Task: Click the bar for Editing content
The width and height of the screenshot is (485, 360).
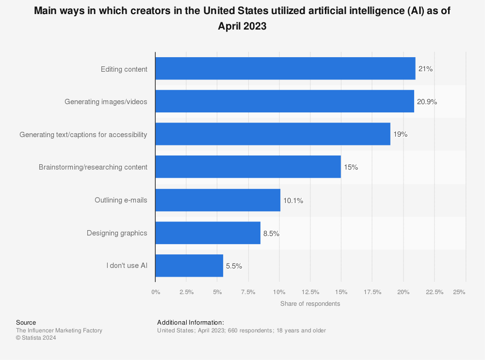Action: point(285,68)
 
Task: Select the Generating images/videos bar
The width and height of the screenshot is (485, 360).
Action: point(285,101)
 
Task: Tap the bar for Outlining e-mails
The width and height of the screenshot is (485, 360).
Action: point(218,200)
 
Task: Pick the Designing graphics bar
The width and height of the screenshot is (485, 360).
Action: point(208,233)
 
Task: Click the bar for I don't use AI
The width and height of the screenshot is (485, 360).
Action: point(189,266)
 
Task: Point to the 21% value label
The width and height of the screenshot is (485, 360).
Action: point(425,69)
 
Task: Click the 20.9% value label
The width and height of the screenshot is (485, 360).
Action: point(427,102)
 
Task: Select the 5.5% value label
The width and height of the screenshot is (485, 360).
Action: point(234,266)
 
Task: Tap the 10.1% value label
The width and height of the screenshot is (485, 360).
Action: point(293,201)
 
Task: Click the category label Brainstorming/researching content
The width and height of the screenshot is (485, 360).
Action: point(93,167)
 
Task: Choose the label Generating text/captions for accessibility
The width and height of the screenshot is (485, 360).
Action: point(83,135)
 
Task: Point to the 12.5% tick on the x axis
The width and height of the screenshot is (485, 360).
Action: point(310,292)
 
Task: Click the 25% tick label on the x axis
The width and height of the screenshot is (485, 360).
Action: point(459,292)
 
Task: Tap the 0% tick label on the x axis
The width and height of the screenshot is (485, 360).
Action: point(156,292)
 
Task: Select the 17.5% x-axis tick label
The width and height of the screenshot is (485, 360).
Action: point(372,292)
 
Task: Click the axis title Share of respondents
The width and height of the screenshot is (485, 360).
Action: point(310,304)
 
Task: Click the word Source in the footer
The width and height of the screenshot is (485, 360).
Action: point(26,323)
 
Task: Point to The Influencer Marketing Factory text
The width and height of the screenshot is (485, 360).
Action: point(59,330)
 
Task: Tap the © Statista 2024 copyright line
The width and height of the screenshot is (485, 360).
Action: point(36,338)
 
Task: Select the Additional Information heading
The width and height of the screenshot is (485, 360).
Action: point(191,323)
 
